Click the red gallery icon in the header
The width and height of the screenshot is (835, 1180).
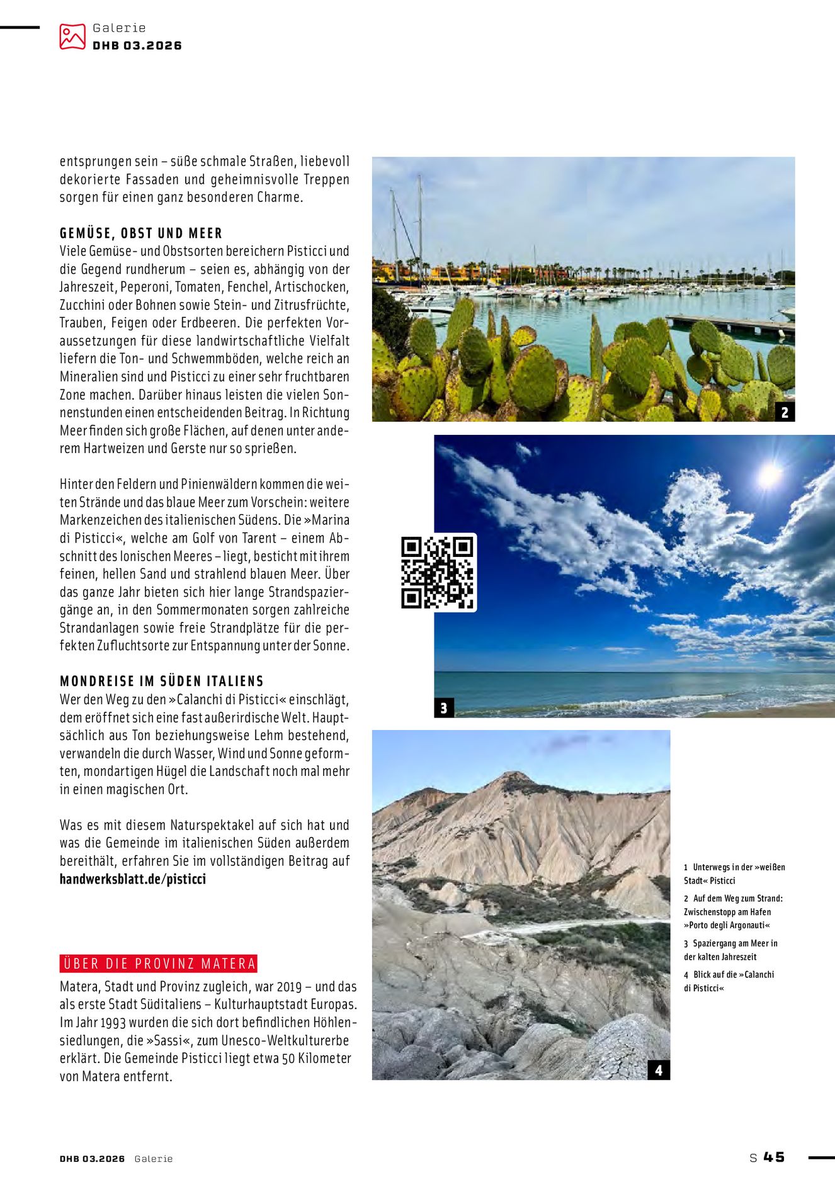72,37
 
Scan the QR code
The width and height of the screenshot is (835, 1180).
438,572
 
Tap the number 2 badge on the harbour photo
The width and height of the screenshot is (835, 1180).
785,412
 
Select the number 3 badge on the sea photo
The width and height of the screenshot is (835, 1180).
443,708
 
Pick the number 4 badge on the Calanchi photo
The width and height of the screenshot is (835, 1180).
659,1070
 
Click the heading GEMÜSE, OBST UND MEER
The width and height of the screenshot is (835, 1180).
141,233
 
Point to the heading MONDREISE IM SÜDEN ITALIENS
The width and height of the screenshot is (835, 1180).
162,682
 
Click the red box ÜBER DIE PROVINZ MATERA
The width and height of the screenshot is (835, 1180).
159,964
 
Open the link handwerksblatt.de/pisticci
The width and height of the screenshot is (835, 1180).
133,879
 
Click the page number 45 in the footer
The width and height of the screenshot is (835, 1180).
774,1157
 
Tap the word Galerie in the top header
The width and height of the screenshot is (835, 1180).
119,28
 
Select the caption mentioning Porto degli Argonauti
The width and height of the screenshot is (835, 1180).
734,912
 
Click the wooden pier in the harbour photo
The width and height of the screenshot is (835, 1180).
730,324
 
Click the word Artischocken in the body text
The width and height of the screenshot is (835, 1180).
312,287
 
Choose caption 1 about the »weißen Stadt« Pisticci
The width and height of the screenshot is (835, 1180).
734,874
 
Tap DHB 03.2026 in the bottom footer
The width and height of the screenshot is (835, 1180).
92,1159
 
